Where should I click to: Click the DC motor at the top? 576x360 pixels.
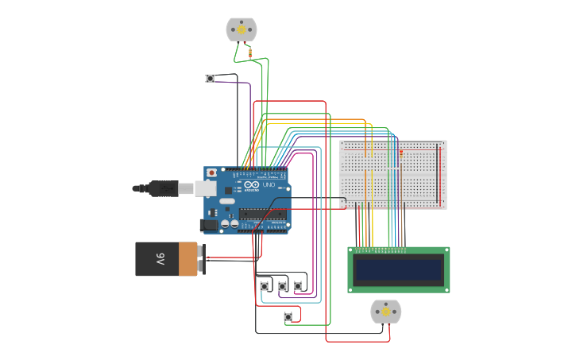point(242,29)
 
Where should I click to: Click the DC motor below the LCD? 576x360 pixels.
point(386,312)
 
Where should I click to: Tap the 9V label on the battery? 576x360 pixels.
point(160,259)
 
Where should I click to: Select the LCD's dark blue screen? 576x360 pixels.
point(399,270)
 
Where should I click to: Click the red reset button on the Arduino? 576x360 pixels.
point(211,172)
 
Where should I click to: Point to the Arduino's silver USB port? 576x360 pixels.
point(206,188)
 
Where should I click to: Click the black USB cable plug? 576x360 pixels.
point(163,188)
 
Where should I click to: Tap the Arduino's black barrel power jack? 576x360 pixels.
point(209,225)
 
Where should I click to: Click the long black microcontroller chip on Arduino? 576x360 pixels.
point(262,214)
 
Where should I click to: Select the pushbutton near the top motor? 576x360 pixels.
point(210,78)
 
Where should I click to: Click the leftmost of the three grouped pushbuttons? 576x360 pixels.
point(265,286)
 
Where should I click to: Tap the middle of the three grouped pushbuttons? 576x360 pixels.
point(282,286)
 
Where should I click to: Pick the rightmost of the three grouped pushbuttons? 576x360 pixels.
point(298,286)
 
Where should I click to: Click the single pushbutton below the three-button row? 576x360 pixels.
point(288,317)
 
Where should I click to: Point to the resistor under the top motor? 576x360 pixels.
point(251,54)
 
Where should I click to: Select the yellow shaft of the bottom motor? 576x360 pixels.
point(386,312)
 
